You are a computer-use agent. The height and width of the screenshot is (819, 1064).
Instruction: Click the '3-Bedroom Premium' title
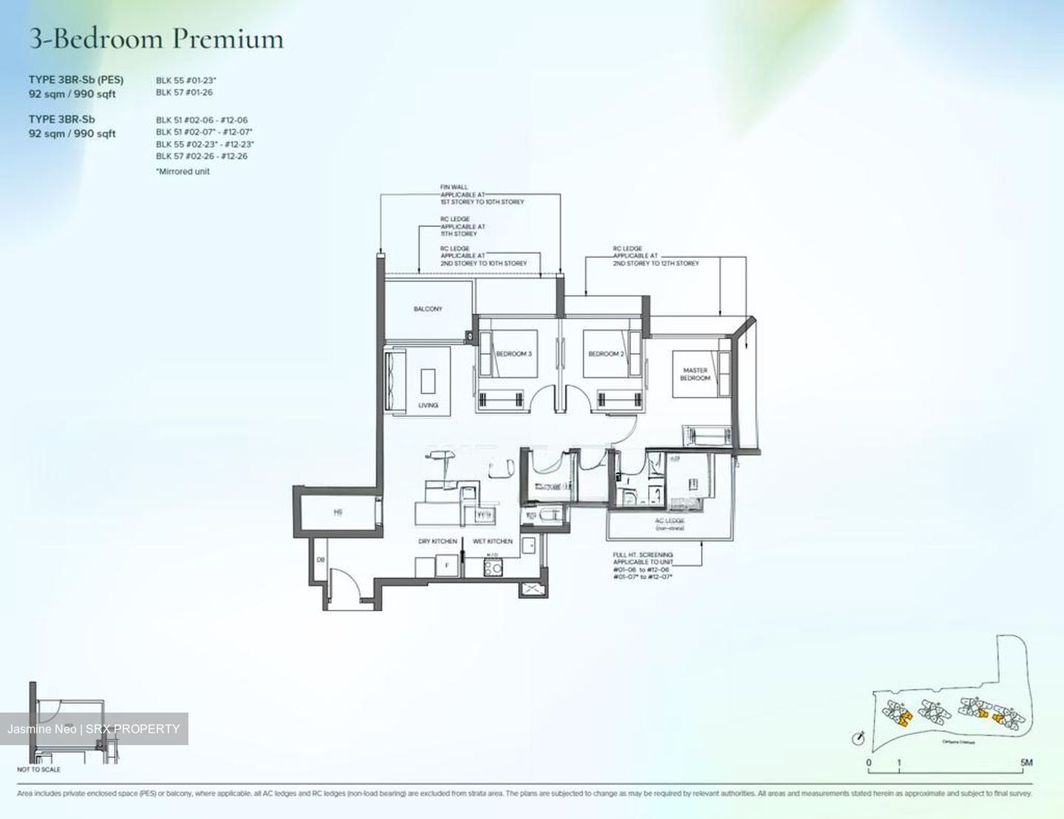click(156, 38)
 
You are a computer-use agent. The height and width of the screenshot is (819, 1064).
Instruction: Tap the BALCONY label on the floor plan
click(428, 309)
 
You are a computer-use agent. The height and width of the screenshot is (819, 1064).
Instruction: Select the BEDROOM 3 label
click(514, 354)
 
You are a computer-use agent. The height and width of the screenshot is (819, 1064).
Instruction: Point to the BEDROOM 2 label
click(606, 354)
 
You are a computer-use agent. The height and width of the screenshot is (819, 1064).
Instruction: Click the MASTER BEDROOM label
click(695, 374)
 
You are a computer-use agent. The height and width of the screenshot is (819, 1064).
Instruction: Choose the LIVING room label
click(428, 405)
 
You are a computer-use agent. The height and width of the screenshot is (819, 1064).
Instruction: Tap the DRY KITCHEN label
click(437, 542)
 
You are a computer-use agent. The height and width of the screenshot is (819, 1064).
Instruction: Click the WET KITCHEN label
click(492, 542)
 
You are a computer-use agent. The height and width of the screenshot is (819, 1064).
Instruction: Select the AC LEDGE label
click(669, 521)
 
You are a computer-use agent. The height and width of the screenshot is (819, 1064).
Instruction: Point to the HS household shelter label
click(338, 512)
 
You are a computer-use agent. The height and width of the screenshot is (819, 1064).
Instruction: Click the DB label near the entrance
click(321, 560)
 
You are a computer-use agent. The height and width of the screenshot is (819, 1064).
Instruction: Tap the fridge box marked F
click(446, 568)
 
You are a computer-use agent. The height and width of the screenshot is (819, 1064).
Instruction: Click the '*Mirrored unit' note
click(183, 171)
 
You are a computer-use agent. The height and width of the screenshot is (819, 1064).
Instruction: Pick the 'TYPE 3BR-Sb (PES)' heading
click(76, 80)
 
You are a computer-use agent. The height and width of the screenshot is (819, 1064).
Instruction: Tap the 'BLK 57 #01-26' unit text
click(184, 92)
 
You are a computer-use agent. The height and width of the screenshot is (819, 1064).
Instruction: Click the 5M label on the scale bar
click(1026, 762)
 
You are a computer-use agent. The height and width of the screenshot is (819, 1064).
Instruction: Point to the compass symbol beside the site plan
click(859, 738)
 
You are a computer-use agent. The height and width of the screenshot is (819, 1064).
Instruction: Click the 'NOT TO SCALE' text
click(38, 769)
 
